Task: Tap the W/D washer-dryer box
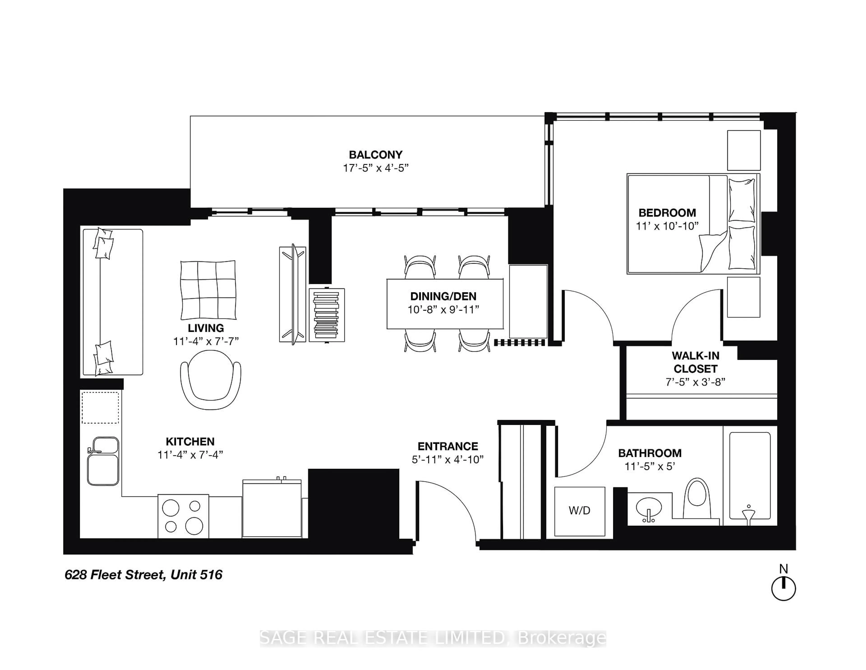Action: pyautogui.click(x=579, y=510)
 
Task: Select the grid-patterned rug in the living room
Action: pyautogui.click(x=208, y=290)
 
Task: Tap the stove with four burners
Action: pyautogui.click(x=183, y=516)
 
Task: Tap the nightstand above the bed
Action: pyautogui.click(x=744, y=150)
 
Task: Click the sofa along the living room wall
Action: pyautogui.click(x=112, y=302)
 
